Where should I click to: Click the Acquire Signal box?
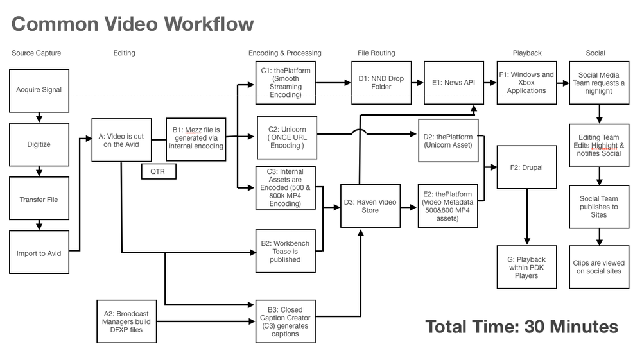[39, 90]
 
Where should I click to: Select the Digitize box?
[39, 144]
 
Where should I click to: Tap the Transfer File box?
[39, 199]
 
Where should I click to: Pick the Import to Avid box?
[39, 252]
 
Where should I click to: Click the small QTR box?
[159, 171]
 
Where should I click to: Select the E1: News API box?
[455, 83]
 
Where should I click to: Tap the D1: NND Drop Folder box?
[381, 83]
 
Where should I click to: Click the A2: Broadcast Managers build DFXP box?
[125, 321]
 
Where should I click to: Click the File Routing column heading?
[376, 53]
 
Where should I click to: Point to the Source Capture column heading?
[36, 53]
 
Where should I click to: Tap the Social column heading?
[595, 53]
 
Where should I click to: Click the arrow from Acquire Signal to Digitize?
[39, 117]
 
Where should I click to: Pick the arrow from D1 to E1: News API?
[417, 83]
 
